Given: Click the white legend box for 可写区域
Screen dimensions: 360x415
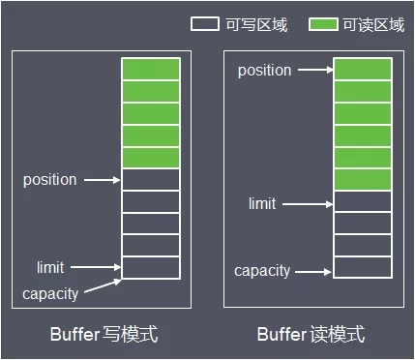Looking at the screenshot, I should pyautogui.click(x=205, y=24).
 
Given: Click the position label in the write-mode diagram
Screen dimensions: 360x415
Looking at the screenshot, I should pyautogui.click(x=49, y=180).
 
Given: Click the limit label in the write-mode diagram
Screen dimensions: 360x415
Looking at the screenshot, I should pyautogui.click(x=50, y=267).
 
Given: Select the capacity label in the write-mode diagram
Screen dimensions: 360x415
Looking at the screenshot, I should pyautogui.click(x=49, y=292).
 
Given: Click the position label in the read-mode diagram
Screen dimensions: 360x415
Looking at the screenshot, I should pyautogui.click(x=264, y=71).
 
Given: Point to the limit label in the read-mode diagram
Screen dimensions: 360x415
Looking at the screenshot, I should pyautogui.click(x=262, y=203).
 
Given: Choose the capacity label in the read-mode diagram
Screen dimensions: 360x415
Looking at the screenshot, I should pyautogui.click(x=262, y=271).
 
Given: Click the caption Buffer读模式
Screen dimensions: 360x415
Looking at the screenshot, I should pyautogui.click(x=311, y=335).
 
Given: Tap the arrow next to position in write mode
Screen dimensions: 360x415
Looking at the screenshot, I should pyautogui.click(x=102, y=180).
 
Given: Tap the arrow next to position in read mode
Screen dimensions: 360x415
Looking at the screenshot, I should pyautogui.click(x=313, y=71).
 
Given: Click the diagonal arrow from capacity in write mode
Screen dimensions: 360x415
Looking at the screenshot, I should pyautogui.click(x=102, y=286).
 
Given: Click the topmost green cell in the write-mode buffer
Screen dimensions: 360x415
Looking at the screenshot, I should pyautogui.click(x=151, y=69).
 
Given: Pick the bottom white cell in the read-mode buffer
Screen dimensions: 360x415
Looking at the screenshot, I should pyautogui.click(x=363, y=267).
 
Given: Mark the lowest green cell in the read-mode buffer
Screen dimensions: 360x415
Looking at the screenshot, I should pyautogui.click(x=363, y=179).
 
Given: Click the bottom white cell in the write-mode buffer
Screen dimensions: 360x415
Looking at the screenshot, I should pyautogui.click(x=151, y=267).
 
